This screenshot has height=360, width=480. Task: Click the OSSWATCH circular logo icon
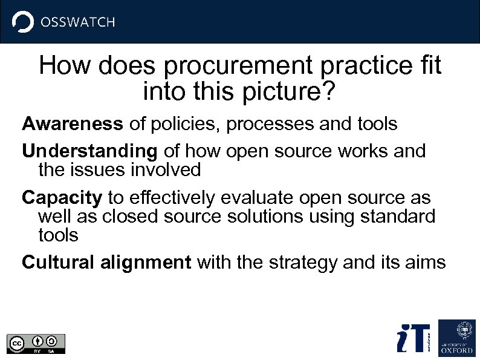23,22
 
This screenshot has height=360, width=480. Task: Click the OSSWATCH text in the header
77,22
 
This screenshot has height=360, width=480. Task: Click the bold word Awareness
73,124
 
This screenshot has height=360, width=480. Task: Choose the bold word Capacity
62,198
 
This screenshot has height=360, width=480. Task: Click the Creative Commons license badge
36,343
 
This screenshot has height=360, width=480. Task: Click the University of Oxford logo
456,337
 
